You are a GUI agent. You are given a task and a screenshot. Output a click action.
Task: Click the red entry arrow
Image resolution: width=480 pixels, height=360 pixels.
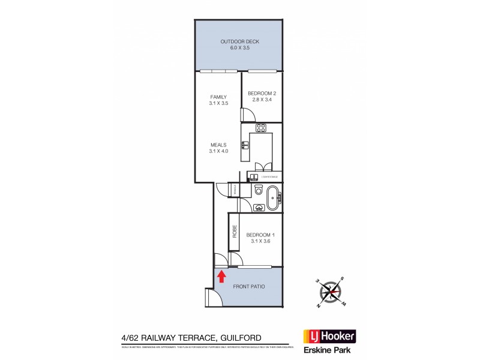[x=221, y=275]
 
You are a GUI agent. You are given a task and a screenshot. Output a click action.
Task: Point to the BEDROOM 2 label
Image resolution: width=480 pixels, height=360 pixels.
[x=262, y=94]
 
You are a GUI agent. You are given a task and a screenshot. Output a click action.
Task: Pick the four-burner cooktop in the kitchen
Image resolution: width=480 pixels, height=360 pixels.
[x=261, y=128]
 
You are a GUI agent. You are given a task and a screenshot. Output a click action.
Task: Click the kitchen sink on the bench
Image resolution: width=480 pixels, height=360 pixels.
[x=245, y=145]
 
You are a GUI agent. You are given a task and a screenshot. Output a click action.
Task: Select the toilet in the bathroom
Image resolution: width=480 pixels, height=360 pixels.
[x=258, y=191]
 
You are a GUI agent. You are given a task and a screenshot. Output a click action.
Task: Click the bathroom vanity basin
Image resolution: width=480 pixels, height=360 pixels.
[x=259, y=208]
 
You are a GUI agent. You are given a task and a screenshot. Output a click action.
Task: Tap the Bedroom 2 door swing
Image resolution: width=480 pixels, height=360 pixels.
[x=245, y=116]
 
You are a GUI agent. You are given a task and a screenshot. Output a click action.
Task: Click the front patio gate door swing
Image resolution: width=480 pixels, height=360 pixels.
[x=211, y=296]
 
